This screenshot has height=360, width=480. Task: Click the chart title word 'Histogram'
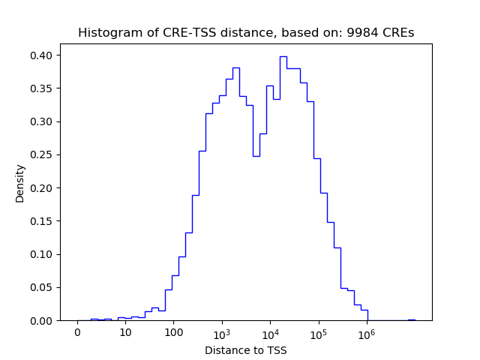[x=104, y=33]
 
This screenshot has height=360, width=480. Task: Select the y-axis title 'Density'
[x=20, y=183]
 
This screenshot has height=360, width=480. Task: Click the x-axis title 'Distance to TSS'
[x=245, y=349]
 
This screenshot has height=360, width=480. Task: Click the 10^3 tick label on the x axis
[x=222, y=332]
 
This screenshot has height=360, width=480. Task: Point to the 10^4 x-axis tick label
[x=270, y=332]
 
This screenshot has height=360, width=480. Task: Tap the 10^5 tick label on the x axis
[x=319, y=332]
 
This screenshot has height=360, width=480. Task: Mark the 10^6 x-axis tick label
[x=367, y=332]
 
